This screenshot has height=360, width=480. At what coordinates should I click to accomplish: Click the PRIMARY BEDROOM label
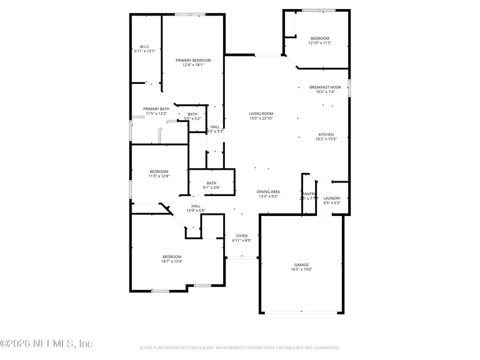193,61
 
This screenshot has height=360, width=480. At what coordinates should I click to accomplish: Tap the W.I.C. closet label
145,47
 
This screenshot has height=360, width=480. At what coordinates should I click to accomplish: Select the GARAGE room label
301,265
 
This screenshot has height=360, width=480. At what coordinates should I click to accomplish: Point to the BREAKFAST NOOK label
325,87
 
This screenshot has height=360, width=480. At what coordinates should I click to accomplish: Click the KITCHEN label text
326,134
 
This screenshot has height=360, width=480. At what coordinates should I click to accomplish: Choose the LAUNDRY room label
332,199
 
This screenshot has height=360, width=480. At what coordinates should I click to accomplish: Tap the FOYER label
242,236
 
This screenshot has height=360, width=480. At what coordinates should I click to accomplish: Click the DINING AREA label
269,191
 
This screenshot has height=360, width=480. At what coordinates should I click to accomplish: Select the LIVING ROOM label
261,113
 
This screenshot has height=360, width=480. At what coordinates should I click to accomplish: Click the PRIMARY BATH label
156,109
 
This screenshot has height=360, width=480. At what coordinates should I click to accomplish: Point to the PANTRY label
309,194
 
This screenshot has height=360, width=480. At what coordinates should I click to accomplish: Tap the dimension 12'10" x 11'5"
320,43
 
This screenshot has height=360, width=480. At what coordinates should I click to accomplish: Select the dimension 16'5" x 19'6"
301,269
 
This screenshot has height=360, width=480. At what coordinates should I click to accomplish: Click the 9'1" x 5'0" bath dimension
211,188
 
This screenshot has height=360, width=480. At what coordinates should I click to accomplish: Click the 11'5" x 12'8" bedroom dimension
159,176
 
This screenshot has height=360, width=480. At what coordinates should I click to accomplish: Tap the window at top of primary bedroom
190,14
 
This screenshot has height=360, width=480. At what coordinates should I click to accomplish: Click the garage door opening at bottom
301,313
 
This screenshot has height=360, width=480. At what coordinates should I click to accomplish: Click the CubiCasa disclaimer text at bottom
240,347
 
